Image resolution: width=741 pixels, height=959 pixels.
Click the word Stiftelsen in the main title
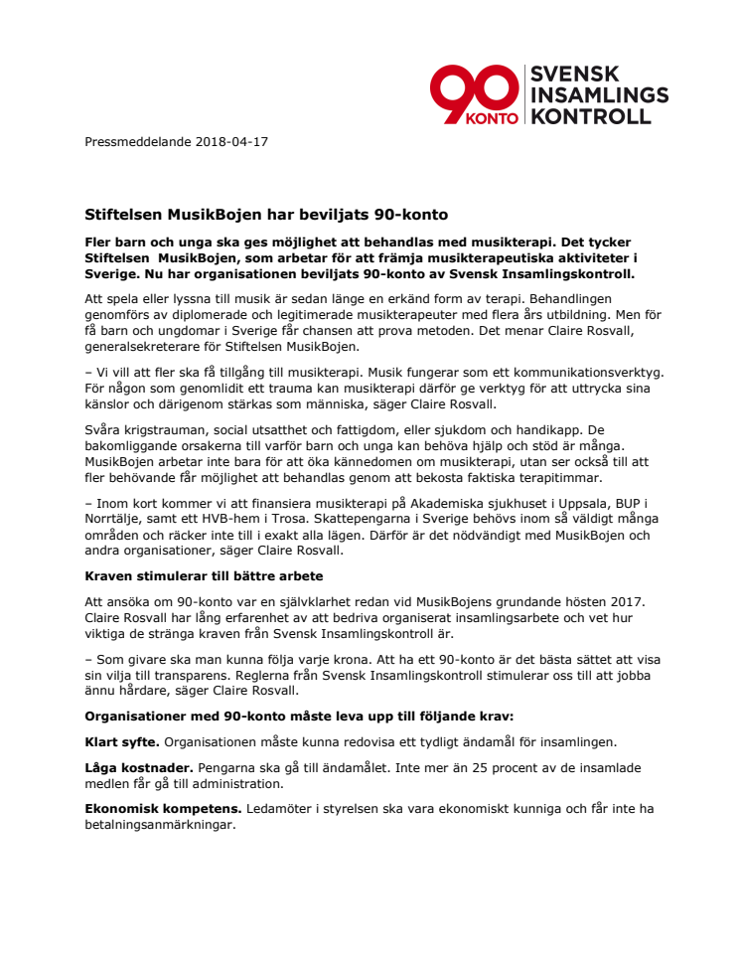(x=122, y=214)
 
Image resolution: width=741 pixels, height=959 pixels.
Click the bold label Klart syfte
(x=121, y=741)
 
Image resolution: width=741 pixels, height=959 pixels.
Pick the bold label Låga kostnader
(x=138, y=768)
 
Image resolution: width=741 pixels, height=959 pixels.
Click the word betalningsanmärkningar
(x=160, y=824)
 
